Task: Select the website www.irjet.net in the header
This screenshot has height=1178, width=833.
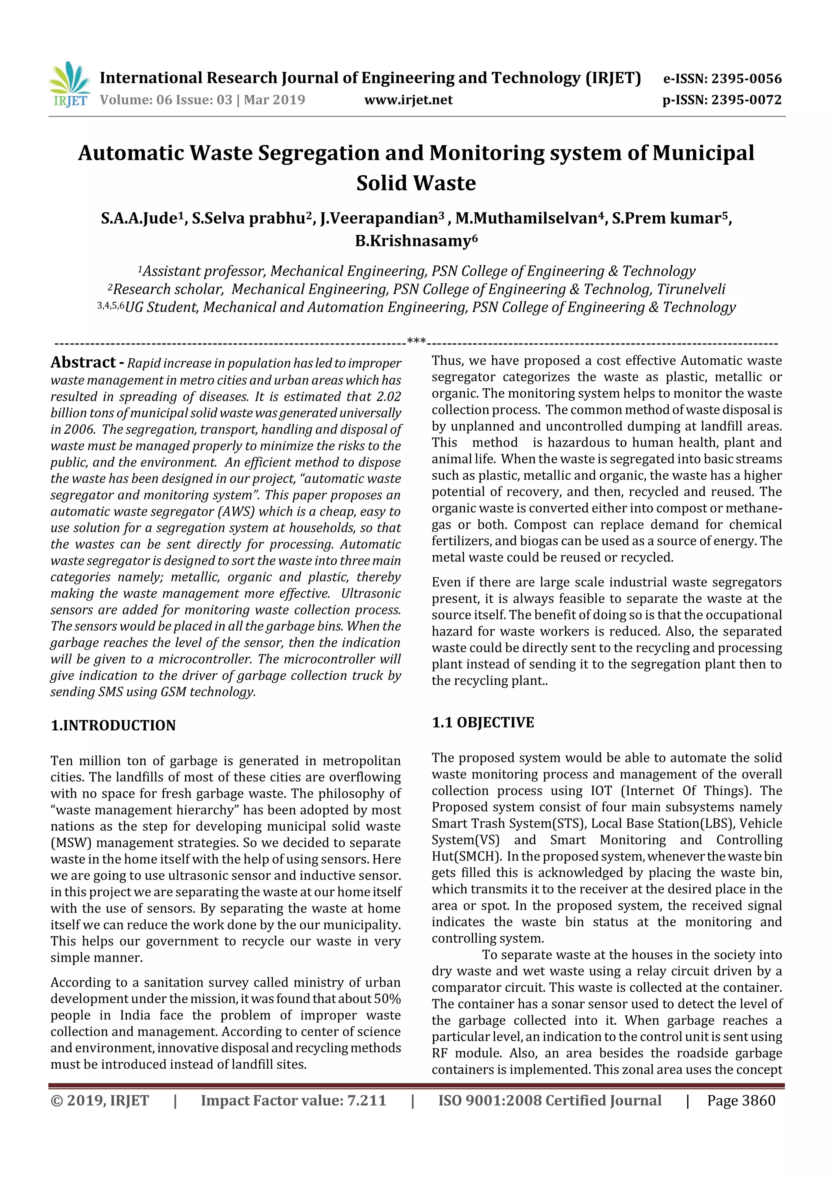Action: pyautogui.click(x=408, y=100)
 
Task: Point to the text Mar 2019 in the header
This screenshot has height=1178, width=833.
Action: pyautogui.click(x=274, y=100)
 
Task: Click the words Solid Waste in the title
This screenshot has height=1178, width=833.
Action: pyautogui.click(x=416, y=183)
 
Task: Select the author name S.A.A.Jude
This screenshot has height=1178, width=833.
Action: pyautogui.click(x=139, y=219)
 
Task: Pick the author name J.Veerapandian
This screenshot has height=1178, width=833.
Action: pyautogui.click(x=379, y=219)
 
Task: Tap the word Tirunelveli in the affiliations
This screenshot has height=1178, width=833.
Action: pyautogui.click(x=691, y=290)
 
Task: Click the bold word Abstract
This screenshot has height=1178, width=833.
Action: pyautogui.click(x=83, y=362)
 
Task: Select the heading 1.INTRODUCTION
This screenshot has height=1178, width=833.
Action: pyautogui.click(x=113, y=725)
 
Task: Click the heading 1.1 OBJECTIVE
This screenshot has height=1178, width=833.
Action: pyautogui.click(x=482, y=723)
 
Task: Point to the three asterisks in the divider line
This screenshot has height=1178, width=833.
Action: pyautogui.click(x=416, y=341)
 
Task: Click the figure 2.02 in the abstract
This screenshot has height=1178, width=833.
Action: pyautogui.click(x=388, y=396)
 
